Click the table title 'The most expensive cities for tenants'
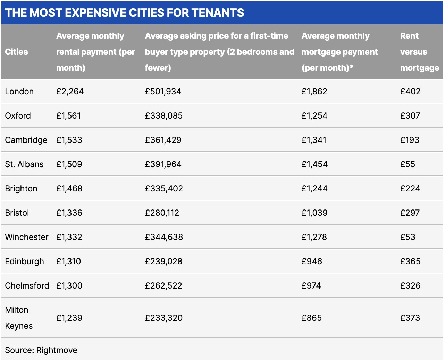125,13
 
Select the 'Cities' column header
17,52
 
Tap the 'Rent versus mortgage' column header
419,52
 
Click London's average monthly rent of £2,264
70,92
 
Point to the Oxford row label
18,116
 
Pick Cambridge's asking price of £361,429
163,140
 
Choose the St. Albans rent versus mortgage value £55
408,164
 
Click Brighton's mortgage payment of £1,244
314,189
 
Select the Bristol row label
17,213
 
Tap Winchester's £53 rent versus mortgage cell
408,237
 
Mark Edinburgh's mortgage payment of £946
312,262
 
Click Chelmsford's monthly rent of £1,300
69,286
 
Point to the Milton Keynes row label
19,318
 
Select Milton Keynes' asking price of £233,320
163,318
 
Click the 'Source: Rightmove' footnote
41,350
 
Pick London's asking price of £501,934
163,92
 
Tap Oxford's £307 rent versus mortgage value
410,116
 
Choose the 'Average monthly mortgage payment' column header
339,52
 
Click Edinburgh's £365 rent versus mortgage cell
410,262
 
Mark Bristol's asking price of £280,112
162,213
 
